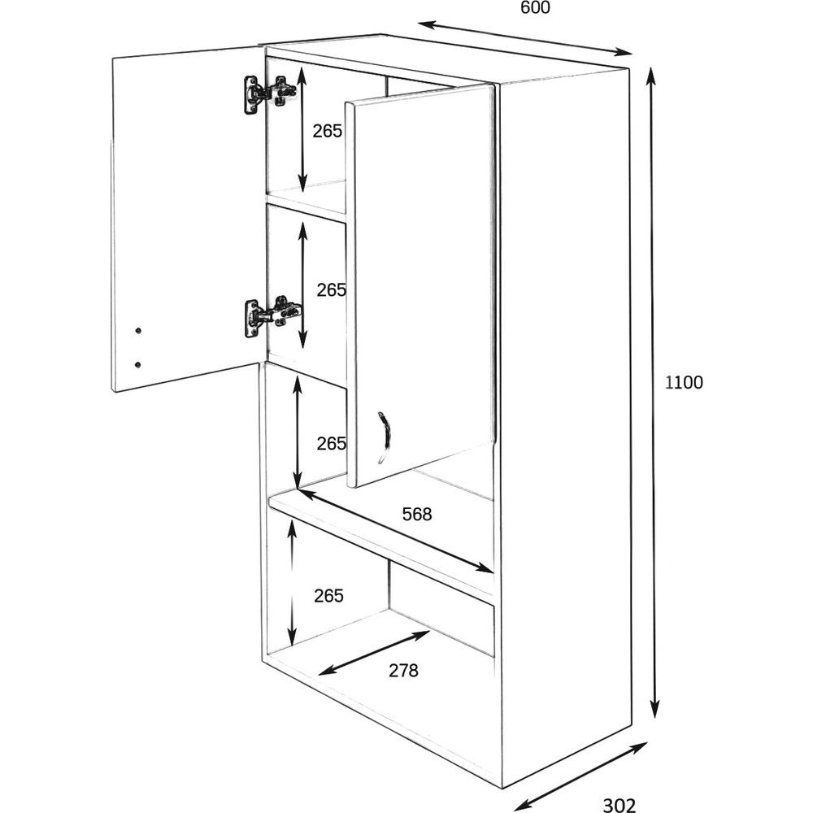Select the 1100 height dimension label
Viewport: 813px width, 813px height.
click(x=684, y=383)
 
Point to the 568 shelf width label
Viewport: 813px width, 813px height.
click(x=416, y=514)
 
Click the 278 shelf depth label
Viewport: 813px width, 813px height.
click(x=402, y=671)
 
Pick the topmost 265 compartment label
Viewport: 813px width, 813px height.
click(x=328, y=131)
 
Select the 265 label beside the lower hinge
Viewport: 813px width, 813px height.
click(x=331, y=289)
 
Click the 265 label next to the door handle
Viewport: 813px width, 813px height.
click(x=331, y=443)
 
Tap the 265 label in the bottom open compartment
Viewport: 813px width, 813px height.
click(x=328, y=595)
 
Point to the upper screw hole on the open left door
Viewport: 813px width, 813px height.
click(x=137, y=331)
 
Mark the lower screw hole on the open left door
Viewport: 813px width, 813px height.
click(x=137, y=363)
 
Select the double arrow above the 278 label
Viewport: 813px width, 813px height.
click(x=374, y=652)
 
